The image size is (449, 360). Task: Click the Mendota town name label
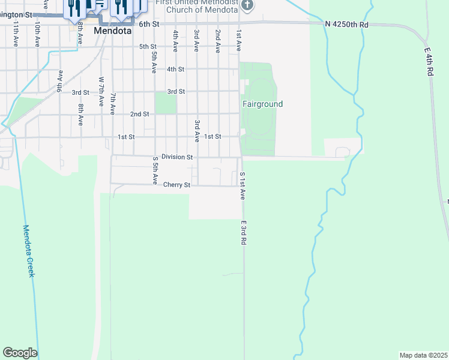(113, 28)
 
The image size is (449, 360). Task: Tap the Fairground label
(262, 104)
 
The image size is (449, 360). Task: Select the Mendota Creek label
(29, 251)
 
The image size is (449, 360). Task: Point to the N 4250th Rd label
(346, 25)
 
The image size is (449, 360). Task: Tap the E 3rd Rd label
(244, 232)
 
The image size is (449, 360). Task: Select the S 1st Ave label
(243, 186)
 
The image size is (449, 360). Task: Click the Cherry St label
(176, 185)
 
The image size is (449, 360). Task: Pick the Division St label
(177, 157)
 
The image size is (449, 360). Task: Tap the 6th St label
(149, 24)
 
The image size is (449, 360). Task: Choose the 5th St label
(148, 46)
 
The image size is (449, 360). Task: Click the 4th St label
(175, 69)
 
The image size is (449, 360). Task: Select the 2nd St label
(139, 114)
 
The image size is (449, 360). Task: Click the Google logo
(20, 353)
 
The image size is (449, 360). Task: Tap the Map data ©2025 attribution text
(423, 355)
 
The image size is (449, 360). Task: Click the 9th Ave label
(60, 81)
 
